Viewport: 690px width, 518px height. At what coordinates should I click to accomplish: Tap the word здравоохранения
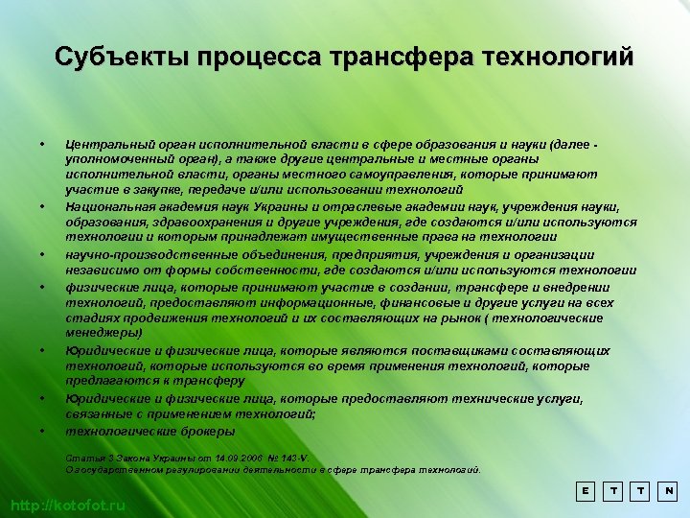[188, 223]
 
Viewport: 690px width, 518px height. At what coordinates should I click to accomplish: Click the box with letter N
[669, 489]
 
